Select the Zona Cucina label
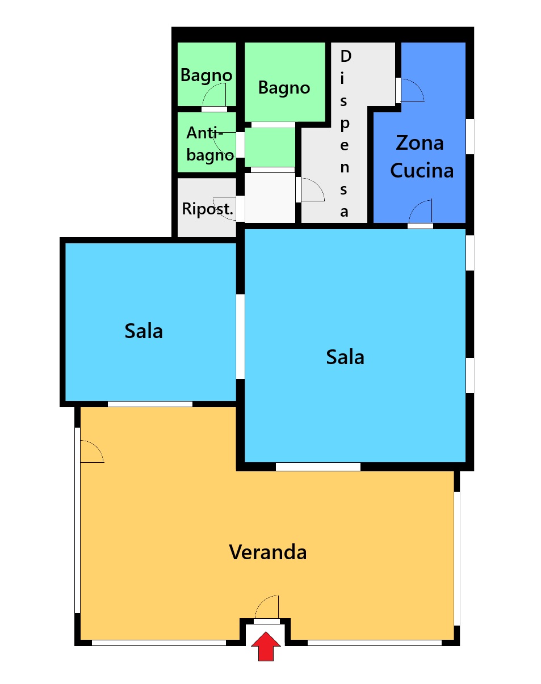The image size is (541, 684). click(421, 157)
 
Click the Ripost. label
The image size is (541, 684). click(208, 209)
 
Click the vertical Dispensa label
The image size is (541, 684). click(345, 133)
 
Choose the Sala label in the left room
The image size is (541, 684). click(144, 331)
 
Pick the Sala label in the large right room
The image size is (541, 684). click(345, 357)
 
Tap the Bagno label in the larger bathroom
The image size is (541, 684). click(284, 87)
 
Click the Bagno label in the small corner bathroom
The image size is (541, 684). click(206, 75)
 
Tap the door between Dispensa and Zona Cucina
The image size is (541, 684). click(410, 91)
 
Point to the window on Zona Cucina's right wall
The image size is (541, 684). click(469, 137)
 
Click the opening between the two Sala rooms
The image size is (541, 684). click(240, 336)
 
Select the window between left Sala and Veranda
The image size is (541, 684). click(150, 404)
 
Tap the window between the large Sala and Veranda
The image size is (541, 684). click(318, 467)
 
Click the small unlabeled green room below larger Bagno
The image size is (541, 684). click(270, 147)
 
